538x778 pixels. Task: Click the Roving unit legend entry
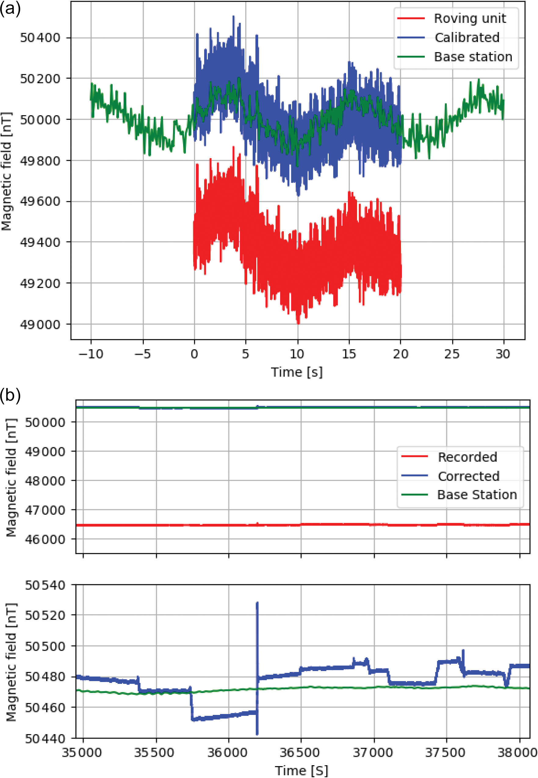(x=470, y=18)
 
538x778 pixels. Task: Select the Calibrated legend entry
(x=467, y=37)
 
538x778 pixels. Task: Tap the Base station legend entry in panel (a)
(x=473, y=57)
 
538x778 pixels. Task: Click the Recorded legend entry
(x=467, y=457)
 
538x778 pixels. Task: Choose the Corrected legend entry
(x=468, y=476)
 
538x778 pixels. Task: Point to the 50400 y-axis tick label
(x=40, y=37)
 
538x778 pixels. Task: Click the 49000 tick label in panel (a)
(x=40, y=325)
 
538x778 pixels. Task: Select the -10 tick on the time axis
(x=91, y=354)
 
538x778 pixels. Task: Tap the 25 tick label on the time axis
(x=452, y=354)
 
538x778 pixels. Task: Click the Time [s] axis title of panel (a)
(x=297, y=372)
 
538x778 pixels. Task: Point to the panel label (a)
(x=10, y=8)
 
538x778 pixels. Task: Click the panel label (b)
(x=10, y=395)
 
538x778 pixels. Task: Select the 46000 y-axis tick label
(x=45, y=539)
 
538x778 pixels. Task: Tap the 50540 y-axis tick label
(x=45, y=585)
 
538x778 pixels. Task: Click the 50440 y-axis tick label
(x=45, y=739)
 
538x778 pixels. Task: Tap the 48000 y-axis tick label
(x=45, y=481)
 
